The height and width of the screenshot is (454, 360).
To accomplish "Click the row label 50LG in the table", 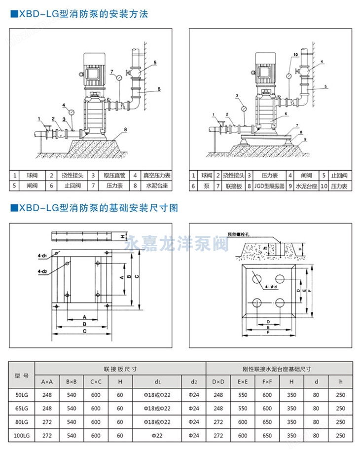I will click(22, 395).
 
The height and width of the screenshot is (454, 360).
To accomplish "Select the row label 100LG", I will click(22, 436).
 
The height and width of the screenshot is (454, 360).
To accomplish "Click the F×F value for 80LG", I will click(267, 422).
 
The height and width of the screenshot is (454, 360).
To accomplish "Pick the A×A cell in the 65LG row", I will click(47, 409).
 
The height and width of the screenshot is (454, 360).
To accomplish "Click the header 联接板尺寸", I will click(120, 368).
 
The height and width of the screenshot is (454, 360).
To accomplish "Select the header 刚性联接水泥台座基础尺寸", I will click(279, 368).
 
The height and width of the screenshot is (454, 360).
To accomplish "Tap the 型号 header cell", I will click(22, 375).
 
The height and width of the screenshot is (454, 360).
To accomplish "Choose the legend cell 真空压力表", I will click(157, 175).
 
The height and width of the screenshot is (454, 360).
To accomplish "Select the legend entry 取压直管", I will click(115, 175).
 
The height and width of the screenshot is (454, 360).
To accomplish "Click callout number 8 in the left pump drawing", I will click(126, 129).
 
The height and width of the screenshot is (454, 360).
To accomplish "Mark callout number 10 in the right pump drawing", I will click(295, 54).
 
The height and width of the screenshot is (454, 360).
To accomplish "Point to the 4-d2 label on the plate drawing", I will click(41, 271).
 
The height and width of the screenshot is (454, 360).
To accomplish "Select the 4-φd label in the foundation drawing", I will click(270, 287).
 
